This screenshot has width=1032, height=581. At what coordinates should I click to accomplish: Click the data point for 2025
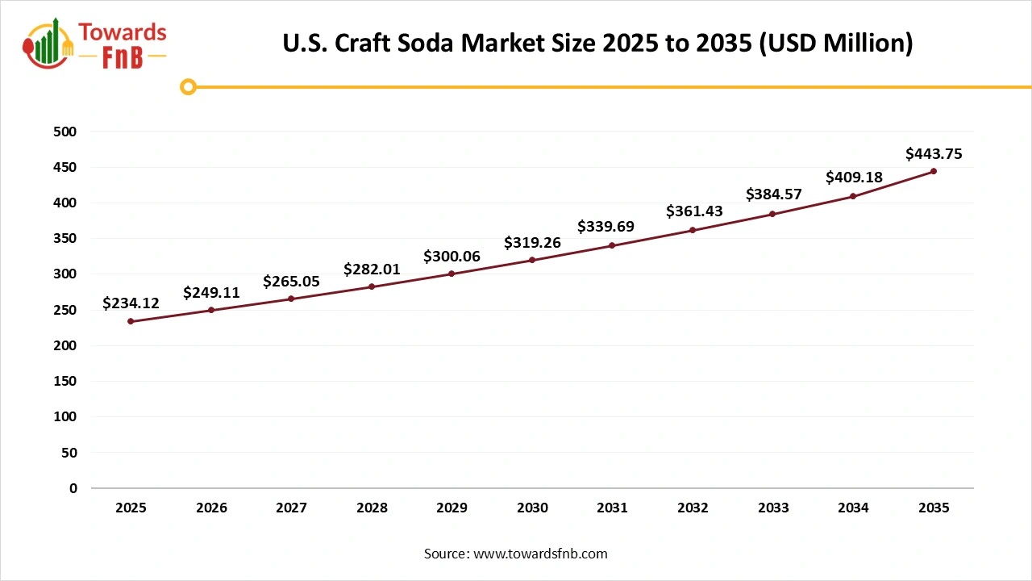131,321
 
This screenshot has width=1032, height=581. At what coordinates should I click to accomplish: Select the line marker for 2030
532,260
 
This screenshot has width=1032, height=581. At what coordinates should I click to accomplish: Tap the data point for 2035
934,171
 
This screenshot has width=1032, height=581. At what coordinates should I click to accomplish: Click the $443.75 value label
934,153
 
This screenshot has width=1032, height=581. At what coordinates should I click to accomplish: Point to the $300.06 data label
451,257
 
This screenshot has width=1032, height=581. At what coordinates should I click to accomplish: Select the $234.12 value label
131,303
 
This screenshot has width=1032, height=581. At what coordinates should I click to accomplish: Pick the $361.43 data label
694,211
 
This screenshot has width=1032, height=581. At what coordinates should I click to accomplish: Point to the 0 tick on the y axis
73,488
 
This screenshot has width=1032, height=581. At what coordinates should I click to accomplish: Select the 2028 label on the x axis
372,508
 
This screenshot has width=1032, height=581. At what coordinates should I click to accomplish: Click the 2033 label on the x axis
773,508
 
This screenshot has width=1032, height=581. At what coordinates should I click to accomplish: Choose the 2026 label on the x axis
211,508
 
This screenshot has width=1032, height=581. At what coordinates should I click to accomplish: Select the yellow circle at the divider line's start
188,86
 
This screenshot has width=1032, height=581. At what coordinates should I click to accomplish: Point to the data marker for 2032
693,230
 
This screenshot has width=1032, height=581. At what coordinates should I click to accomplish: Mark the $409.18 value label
854,178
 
